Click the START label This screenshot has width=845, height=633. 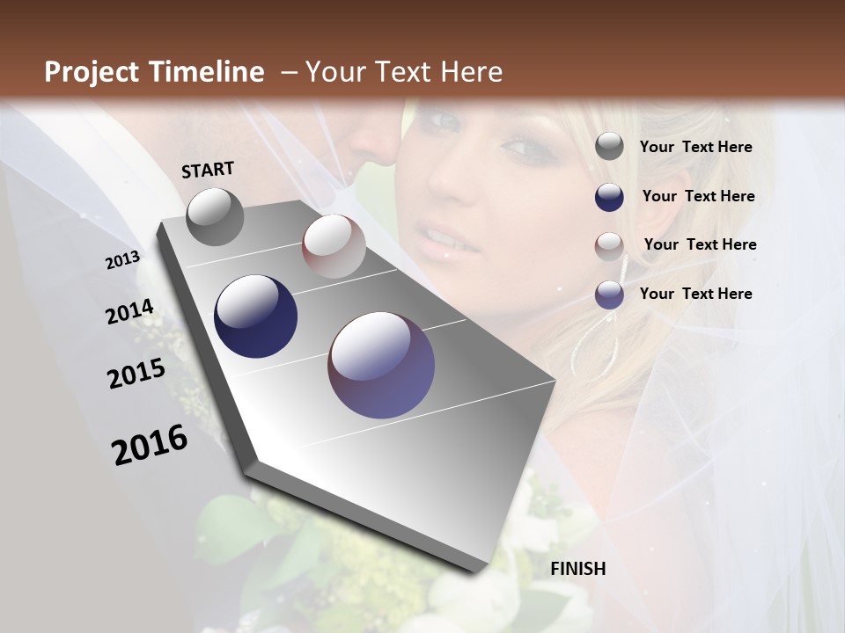(208, 170)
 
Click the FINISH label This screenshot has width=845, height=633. (578, 569)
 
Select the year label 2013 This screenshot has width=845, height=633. (122, 260)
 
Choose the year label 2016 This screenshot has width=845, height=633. (150, 445)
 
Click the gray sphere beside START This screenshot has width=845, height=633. (215, 216)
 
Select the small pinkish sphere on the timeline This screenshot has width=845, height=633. (334, 246)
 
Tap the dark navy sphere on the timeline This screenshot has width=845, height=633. (255, 316)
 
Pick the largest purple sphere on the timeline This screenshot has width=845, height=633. (381, 365)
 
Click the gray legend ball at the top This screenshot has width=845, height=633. (609, 147)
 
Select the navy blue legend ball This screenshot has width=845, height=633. (609, 197)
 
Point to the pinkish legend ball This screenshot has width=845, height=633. (609, 245)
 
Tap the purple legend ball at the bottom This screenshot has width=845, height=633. (609, 295)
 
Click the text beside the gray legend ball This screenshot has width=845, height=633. (695, 148)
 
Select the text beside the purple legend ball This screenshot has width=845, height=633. (695, 294)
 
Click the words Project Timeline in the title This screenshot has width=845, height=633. (154, 72)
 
